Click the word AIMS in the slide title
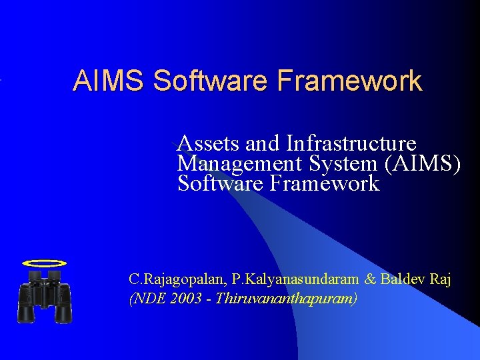[110, 81]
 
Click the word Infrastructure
[351, 143]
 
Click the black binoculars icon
[45, 296]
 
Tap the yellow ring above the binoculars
[44, 263]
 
